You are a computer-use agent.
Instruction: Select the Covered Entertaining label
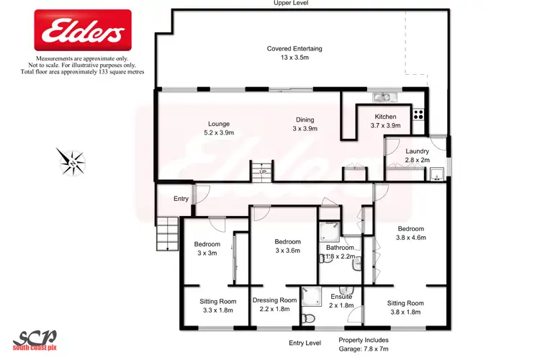[x=294, y=49]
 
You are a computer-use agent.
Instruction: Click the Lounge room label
[x=218, y=123]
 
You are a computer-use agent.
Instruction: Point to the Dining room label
[x=306, y=120]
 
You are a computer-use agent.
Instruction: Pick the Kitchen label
[x=386, y=116]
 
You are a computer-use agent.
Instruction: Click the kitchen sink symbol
[x=382, y=97]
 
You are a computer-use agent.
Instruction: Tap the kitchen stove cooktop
[x=418, y=114]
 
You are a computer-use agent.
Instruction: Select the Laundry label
[x=417, y=150]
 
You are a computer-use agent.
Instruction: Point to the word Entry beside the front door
[x=181, y=199]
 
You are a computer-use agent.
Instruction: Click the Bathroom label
[x=341, y=248]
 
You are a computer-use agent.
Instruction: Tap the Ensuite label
[x=341, y=297]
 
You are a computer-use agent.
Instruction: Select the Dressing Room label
[x=274, y=300]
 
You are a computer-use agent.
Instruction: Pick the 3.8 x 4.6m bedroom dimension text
[x=412, y=237]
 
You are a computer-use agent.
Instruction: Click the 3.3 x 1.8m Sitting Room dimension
[x=217, y=310]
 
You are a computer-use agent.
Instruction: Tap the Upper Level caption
[x=292, y=4]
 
